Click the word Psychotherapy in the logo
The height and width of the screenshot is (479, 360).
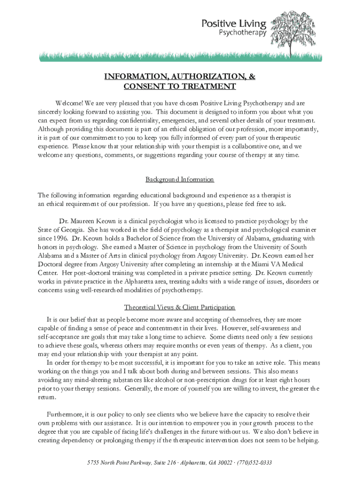[243, 33]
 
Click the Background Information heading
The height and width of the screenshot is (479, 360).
[180, 179]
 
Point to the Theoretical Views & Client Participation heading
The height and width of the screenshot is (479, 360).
[180, 307]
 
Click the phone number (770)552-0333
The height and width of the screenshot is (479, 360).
[255, 463]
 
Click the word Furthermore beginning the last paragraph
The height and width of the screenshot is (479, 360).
[65, 414]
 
